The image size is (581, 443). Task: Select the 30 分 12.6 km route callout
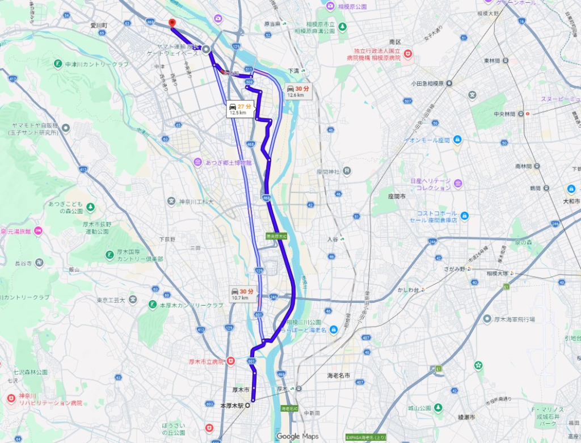click(298, 91)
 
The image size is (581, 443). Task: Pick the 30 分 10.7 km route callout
click(241, 294)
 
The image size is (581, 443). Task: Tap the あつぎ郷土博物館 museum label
click(228, 163)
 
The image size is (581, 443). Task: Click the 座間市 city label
click(397, 196)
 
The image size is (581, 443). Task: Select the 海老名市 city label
click(339, 376)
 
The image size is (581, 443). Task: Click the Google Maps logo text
click(297, 436)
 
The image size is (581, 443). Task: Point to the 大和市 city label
click(570, 201)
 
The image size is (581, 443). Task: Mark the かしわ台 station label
click(407, 289)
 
